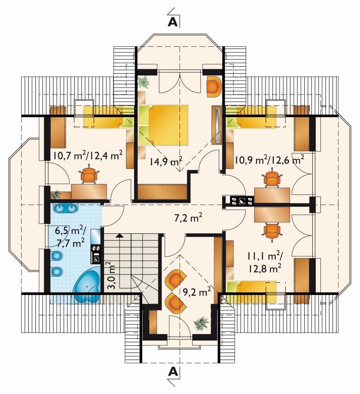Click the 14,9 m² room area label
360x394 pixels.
pos(166,161)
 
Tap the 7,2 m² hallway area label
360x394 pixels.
pos(189,218)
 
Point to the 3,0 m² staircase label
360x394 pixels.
pos(111,276)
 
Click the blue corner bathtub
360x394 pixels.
pos(87,287)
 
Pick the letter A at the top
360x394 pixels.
pos(173,22)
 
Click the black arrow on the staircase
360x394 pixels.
pos(120,236)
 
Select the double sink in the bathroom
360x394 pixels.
pos(65,208)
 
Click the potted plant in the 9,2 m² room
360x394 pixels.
pos(201,323)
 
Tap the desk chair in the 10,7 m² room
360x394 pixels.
pos(89,173)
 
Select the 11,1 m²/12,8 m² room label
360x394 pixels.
pos(265,263)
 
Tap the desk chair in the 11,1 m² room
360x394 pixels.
pos(272,231)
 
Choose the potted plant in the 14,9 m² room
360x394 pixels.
pos(144,82)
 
